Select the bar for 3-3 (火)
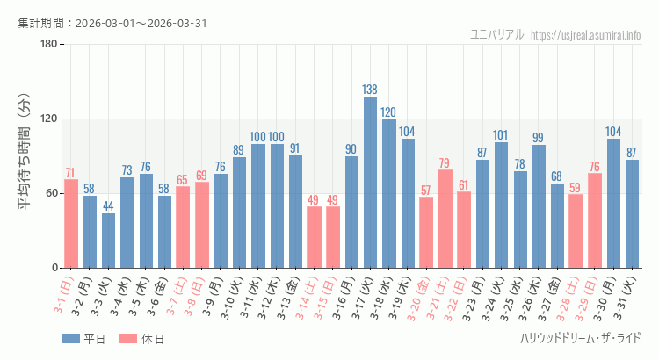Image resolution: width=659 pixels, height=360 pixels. click(108, 241)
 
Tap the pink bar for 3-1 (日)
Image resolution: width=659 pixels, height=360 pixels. click(71, 224)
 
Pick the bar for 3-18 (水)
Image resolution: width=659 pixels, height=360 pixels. click(388, 193)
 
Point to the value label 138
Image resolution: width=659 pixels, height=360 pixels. click(370, 90)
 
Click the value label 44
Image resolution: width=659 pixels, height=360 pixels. click(108, 206)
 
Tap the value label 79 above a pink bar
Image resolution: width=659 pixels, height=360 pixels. click(445, 163)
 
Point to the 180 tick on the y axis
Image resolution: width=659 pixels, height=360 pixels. click(48, 45)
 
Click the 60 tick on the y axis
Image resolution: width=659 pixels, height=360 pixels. click(51, 193)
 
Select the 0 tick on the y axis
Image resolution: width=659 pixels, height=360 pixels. click(54, 268)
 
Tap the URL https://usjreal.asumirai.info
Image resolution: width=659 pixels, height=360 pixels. click(586, 34)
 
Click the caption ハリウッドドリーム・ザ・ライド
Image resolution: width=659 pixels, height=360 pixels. click(580, 338)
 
